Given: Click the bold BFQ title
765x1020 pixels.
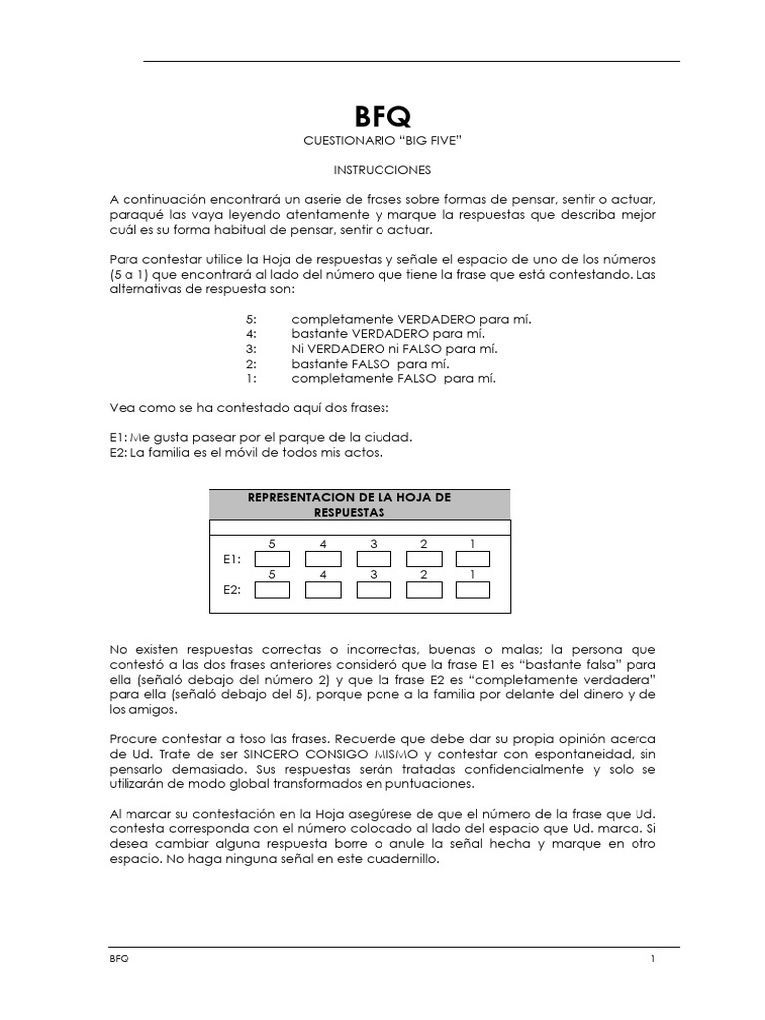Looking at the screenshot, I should pos(382,117).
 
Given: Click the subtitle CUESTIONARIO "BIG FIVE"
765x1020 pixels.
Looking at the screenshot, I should pos(382,143).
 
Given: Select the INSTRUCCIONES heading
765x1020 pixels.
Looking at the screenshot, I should pos(382,171).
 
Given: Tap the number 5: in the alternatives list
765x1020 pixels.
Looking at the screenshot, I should pos(251,319).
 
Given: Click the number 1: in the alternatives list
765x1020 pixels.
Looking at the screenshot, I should pos(251,379).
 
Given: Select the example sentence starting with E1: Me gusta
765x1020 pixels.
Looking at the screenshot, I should pos(260,437).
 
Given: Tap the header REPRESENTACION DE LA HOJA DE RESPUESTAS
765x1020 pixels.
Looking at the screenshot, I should pos(361,504).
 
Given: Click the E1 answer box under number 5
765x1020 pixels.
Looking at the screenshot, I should pos(272,560).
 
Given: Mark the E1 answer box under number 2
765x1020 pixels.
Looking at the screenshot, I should pos(423,560).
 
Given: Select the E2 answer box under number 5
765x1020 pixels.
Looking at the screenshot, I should pos(272,590).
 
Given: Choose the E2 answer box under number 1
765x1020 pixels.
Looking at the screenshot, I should pos(474,590).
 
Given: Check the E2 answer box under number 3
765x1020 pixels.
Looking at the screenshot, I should pos(373,590).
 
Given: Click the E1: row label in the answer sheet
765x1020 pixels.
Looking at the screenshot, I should pos(232,560).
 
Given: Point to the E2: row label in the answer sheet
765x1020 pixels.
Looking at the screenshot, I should pos(232,590).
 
